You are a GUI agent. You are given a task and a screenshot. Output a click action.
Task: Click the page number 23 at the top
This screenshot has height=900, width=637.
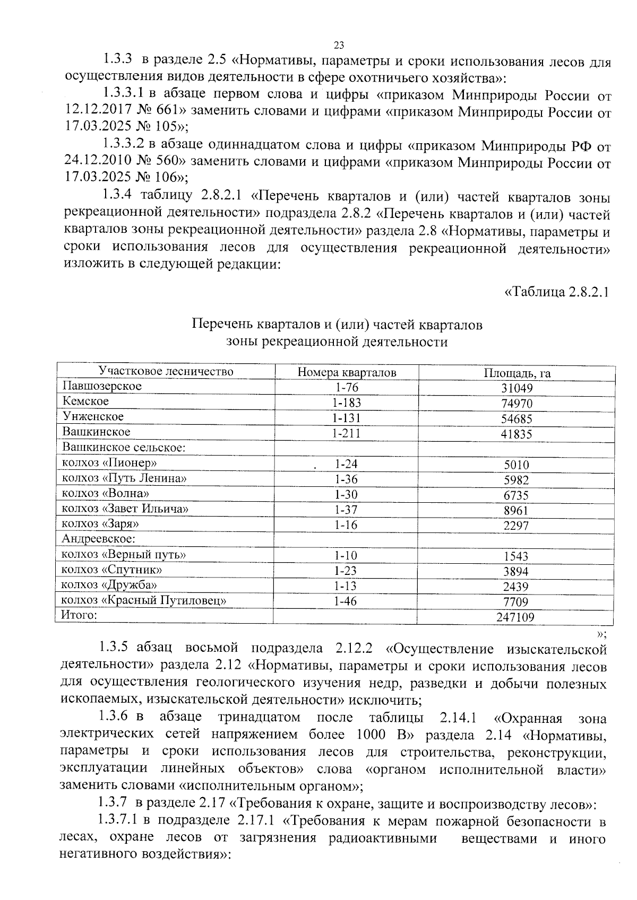[340, 45]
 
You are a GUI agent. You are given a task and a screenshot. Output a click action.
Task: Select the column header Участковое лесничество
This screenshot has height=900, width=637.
[166, 371]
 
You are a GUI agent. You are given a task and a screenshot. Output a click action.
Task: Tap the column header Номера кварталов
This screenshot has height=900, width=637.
[347, 372]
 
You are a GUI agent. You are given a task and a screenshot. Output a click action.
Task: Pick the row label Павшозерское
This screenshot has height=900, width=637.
[102, 386]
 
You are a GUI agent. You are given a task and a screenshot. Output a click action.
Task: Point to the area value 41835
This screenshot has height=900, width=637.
[517, 434]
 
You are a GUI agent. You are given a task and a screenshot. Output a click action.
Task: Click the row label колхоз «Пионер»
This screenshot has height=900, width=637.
[109, 463]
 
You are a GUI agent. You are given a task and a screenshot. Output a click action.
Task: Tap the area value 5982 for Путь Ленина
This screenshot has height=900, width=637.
[517, 480]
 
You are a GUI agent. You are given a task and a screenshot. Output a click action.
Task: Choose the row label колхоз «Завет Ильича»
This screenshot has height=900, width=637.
[126, 509]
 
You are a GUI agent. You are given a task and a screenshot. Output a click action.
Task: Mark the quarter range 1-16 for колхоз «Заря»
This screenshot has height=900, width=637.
[346, 526]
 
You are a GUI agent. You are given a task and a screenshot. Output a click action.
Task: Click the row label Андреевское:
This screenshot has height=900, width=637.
[99, 539]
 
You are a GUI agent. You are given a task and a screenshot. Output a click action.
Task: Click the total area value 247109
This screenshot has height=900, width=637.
[516, 617]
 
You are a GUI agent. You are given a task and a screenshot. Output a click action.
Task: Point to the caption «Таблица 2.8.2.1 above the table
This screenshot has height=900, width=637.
[556, 292]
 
